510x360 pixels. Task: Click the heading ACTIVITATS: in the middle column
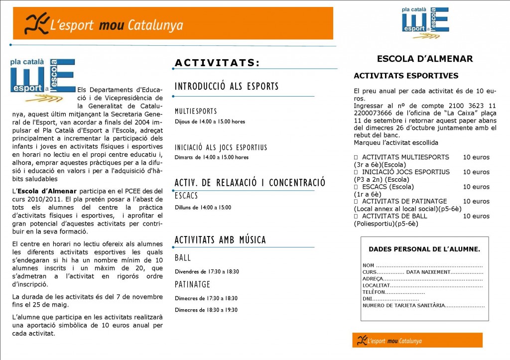tap(217, 63)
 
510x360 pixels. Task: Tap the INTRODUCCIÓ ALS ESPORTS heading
tap(227, 87)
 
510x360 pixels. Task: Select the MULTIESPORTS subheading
tap(196, 111)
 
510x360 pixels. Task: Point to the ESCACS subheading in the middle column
tap(186, 196)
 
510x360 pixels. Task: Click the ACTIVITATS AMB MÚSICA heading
tap(220, 240)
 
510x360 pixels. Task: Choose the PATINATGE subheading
tap(192, 284)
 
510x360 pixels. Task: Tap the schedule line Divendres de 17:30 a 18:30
tap(207, 272)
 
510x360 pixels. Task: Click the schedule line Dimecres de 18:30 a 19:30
tap(206, 310)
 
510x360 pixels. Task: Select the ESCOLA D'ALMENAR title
tap(425, 59)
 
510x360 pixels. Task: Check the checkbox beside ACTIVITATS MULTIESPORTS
tap(356, 157)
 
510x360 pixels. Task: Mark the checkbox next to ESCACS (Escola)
tap(356, 187)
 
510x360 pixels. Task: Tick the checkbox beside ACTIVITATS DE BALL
tap(356, 216)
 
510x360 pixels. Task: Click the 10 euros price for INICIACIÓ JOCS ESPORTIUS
tap(476, 172)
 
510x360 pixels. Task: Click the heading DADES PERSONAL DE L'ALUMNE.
tap(424, 249)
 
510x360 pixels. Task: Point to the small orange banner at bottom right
tap(417, 340)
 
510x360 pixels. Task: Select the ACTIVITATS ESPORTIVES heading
tap(406, 76)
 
